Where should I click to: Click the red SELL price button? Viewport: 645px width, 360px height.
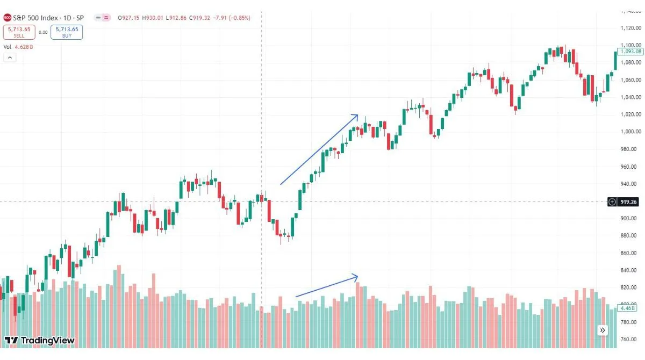point(19,32)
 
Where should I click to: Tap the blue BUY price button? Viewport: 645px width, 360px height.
point(67,32)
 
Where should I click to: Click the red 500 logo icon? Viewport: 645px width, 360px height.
point(8,18)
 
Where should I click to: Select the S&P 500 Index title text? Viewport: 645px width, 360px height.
point(37,18)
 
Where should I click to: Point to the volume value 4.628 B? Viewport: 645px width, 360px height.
point(24,47)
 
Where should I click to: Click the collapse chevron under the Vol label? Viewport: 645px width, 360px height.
point(9,57)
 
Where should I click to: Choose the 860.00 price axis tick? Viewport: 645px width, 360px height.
point(628,253)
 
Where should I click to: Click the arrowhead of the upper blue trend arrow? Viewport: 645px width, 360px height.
point(356,115)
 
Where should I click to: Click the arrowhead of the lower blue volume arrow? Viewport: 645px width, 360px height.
point(356,276)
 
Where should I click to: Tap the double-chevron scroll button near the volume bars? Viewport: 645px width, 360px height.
point(603,330)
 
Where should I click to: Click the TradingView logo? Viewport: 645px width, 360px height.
point(39,340)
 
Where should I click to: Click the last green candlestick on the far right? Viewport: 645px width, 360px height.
point(616,60)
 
